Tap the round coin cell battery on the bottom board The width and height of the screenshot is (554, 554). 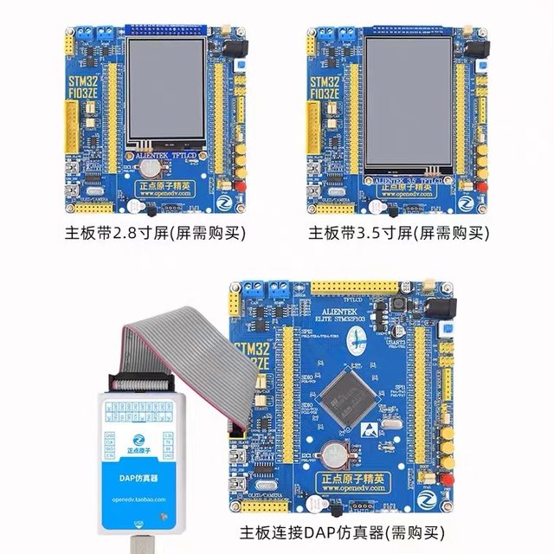338,453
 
